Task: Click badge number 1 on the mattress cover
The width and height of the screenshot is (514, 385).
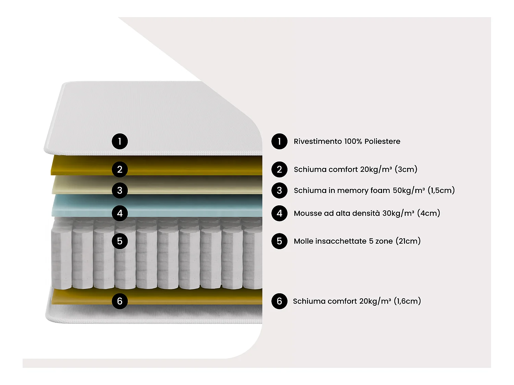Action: pos(120,141)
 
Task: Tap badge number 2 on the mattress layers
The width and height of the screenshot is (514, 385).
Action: pos(120,169)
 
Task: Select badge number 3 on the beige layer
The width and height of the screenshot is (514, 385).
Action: pos(120,190)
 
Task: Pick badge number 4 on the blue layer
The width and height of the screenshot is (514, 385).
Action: pos(120,213)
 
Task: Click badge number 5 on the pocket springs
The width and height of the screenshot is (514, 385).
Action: pos(120,241)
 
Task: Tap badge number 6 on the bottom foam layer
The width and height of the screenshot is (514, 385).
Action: pos(120,301)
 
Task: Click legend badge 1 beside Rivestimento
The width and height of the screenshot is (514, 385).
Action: pos(279,141)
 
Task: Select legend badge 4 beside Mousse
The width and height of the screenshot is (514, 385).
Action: pos(279,213)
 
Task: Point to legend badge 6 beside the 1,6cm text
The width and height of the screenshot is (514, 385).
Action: pos(279,301)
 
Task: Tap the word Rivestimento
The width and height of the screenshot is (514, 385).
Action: pos(318,141)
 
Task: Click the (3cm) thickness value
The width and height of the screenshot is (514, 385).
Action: pos(406,169)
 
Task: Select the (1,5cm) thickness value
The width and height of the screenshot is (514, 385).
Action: pos(441,190)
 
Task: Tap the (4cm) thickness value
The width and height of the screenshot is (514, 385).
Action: pos(428,213)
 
